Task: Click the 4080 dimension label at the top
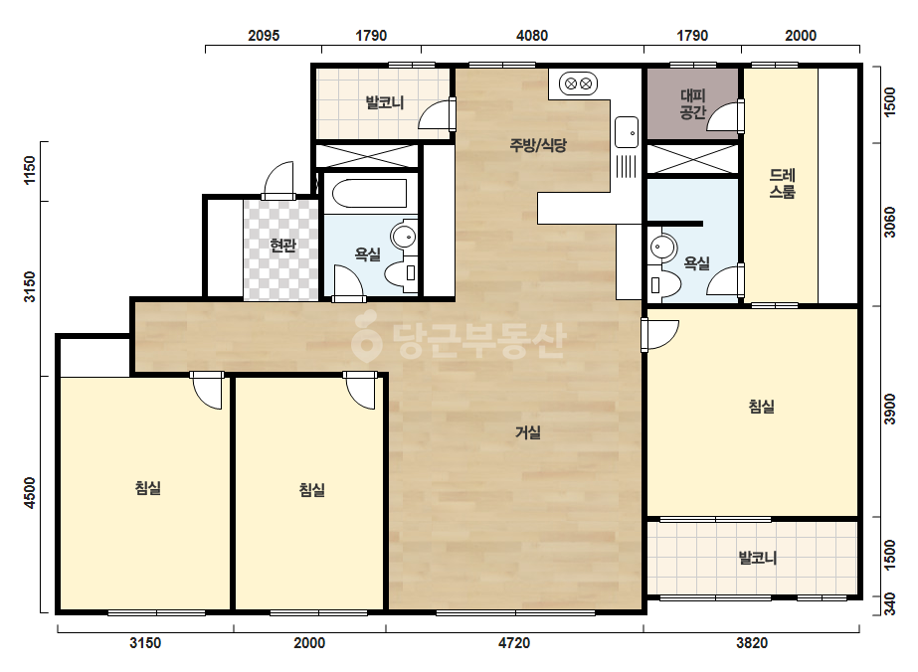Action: (x=531, y=36)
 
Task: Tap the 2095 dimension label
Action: (x=264, y=36)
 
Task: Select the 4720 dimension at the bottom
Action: (x=514, y=643)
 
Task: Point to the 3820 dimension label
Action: (x=752, y=643)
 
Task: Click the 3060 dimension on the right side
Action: (x=890, y=223)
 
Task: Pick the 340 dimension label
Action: (x=890, y=604)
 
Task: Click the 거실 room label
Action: (x=527, y=432)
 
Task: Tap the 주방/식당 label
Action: (x=538, y=144)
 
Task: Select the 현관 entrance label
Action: (x=282, y=246)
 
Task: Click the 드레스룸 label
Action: (x=782, y=183)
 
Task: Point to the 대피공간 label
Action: (x=692, y=104)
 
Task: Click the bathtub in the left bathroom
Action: (x=369, y=193)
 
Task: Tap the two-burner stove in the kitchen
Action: (x=579, y=84)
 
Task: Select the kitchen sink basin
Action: (x=627, y=132)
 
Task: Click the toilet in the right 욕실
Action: (x=665, y=285)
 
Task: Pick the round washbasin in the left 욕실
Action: (x=404, y=237)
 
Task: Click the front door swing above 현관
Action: (x=278, y=180)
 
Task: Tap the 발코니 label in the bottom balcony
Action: (x=758, y=558)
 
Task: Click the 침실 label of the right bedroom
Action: (x=762, y=407)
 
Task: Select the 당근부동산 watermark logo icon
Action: (x=367, y=337)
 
